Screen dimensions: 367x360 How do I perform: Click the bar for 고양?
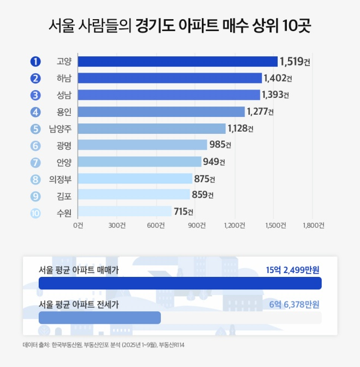[x=178, y=61]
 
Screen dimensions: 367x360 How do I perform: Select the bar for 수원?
[x=125, y=212]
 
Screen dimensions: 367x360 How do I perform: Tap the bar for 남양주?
[x=152, y=128]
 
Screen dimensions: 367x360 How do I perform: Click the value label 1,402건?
[x=277, y=79]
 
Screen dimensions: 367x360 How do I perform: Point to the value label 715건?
[x=183, y=212]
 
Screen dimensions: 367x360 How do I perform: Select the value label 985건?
[x=220, y=145]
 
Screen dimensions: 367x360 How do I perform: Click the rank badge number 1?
[x=35, y=61]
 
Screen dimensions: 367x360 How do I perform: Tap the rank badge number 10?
[x=35, y=212]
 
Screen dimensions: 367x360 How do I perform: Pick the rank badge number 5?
[x=35, y=129]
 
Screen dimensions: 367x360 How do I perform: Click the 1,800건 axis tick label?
[x=313, y=226]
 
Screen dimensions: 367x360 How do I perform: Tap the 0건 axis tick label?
[x=79, y=226]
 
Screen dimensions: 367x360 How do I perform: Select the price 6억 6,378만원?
[x=294, y=304]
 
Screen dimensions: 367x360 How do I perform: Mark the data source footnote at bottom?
[x=104, y=345]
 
